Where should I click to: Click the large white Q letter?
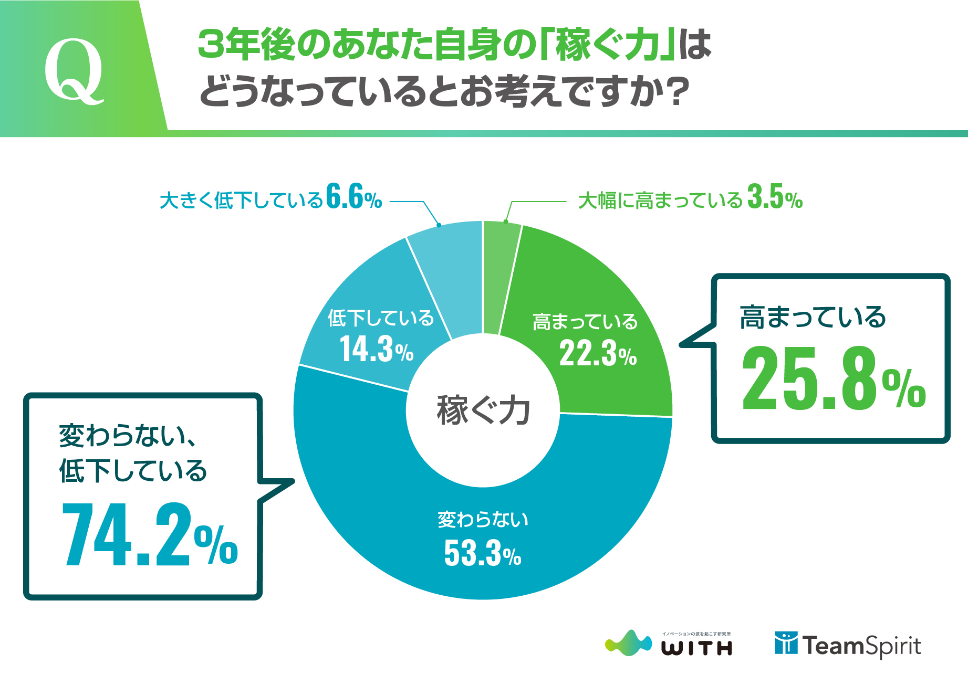tap(74, 70)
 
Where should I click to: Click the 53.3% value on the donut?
tap(482, 553)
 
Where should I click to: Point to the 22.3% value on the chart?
tap(598, 353)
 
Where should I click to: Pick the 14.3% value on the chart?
tap(377, 349)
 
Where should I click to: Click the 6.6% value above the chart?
tap(353, 197)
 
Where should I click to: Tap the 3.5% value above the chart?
tap(775, 197)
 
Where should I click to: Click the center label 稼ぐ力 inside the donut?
tap(483, 410)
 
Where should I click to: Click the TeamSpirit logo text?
tap(861, 646)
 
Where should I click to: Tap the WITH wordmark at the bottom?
tap(696, 649)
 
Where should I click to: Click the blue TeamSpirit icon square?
tap(786, 643)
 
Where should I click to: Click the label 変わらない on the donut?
tap(483, 520)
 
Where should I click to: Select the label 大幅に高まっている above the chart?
tap(660, 201)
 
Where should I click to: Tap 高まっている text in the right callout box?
tap(813, 317)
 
